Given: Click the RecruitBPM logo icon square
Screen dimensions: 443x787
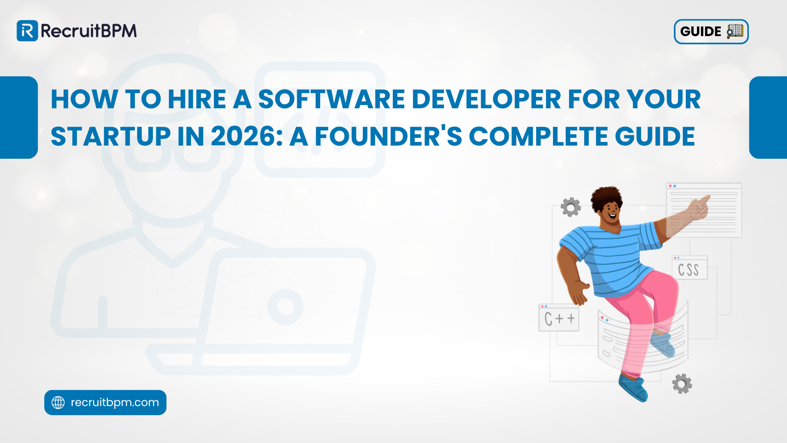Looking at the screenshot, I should [x=27, y=31].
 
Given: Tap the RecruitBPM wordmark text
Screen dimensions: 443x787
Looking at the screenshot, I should [x=89, y=31].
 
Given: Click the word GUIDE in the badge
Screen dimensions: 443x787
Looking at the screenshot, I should [x=701, y=32].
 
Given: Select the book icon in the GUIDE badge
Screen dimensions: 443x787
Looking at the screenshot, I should [x=735, y=31].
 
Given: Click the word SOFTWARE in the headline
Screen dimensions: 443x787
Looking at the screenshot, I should [x=331, y=99].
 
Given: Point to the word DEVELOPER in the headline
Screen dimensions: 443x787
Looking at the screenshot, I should [x=486, y=99].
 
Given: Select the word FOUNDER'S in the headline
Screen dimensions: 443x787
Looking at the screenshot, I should [x=388, y=137].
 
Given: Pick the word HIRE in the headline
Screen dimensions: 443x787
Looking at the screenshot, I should [x=197, y=99].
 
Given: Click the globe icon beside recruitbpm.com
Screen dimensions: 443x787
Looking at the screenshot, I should [x=58, y=402].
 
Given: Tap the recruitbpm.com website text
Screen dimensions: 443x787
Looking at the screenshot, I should [x=115, y=402].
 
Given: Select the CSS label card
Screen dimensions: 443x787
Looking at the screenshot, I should [x=689, y=269].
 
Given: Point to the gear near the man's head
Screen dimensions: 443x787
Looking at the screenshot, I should [x=571, y=207].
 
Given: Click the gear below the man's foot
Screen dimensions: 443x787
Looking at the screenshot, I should [x=682, y=384].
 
